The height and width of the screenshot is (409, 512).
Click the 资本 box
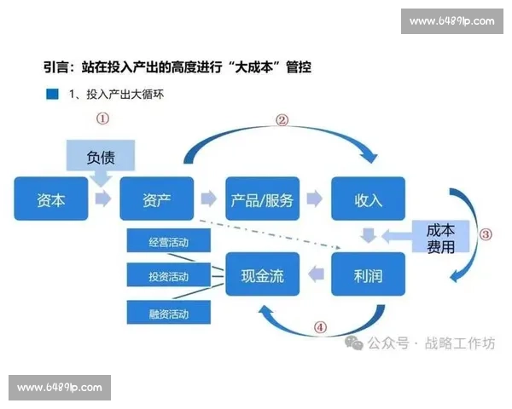pos(50,200)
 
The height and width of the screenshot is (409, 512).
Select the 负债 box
pos(101,159)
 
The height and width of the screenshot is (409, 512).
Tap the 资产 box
pos(157,200)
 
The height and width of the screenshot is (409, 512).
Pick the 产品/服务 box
pos(262,200)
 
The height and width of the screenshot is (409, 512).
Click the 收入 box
pos(368,200)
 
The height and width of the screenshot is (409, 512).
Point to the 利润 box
pos(368,274)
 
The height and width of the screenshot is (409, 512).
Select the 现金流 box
pos(262,274)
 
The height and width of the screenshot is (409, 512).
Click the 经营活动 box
pos(168,242)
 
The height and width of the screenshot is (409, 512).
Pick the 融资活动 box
pos(168,313)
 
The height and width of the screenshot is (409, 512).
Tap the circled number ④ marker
pos(320,326)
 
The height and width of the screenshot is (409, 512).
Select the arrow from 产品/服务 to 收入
pos(315,200)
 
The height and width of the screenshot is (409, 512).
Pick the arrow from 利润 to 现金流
pos(315,274)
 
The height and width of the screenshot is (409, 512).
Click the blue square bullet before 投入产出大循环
pos(52,95)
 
